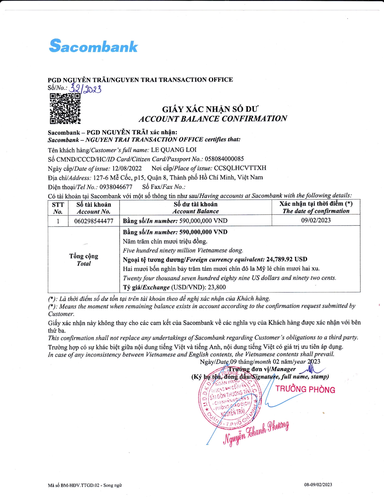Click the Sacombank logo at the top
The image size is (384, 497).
point(93,46)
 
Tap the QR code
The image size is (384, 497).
point(65,108)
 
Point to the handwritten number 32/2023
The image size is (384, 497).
point(85,89)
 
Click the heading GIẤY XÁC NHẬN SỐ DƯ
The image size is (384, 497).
point(210,109)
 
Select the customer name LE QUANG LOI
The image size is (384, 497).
point(174,150)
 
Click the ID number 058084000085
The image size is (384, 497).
point(224,159)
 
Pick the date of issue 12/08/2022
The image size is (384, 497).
point(127,168)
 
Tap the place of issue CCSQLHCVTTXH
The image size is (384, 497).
point(240,168)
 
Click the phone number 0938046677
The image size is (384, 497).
point(116,187)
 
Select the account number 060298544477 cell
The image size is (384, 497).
point(94,221)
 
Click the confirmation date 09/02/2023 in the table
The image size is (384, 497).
point(316,220)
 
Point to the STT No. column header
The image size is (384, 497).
point(58,208)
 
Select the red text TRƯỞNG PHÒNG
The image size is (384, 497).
point(305,389)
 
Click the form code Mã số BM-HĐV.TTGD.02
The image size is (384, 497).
point(85,485)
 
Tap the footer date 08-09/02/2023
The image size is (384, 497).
point(318,485)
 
